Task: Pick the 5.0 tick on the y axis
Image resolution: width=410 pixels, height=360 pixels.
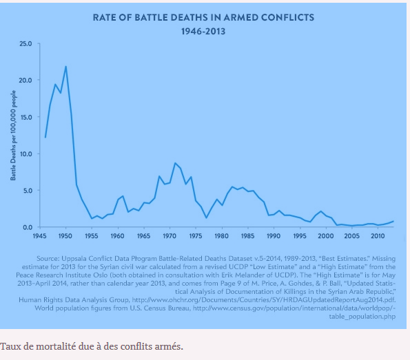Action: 27,191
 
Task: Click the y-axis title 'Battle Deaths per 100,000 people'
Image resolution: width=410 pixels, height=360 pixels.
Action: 13,135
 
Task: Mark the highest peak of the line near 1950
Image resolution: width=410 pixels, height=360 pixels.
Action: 65,67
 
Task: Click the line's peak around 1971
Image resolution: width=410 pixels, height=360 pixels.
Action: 175,163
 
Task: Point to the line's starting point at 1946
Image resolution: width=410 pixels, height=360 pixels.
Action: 45,138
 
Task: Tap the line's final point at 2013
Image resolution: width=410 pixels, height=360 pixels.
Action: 393,221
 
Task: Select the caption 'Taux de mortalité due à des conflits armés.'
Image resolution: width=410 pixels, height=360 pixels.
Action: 92,346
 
